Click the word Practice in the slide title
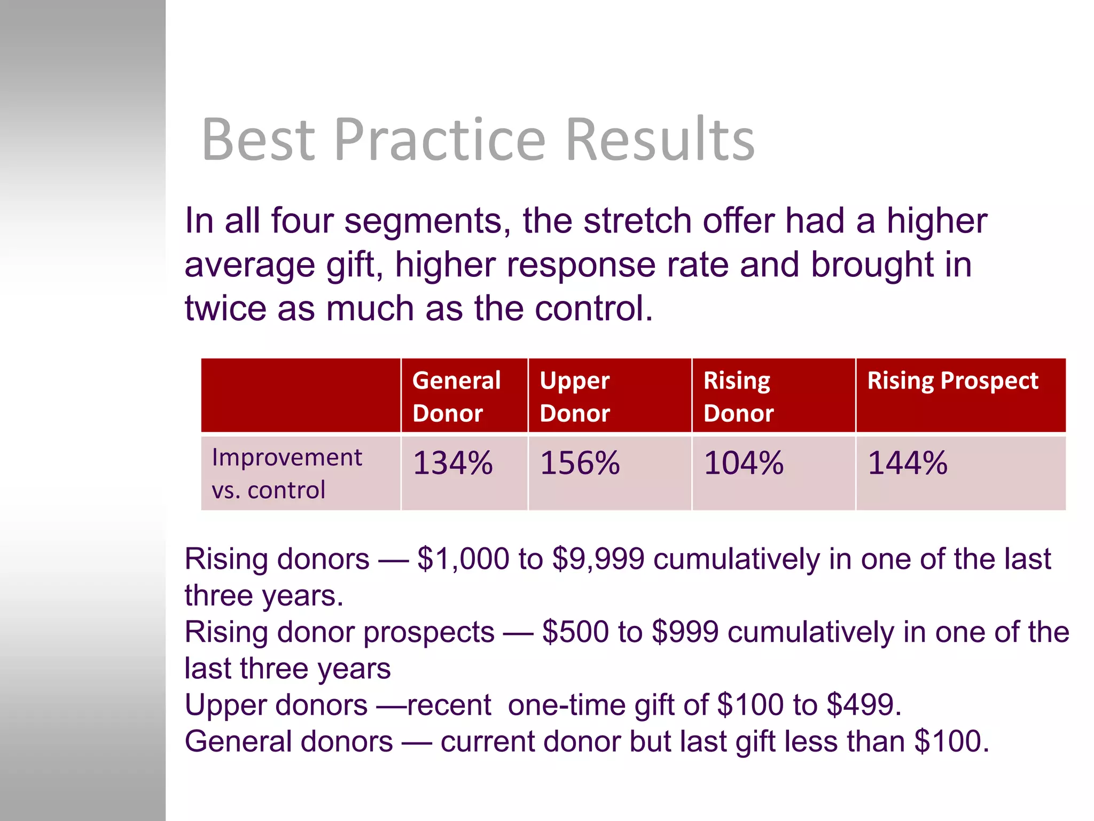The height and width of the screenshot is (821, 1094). [x=440, y=140]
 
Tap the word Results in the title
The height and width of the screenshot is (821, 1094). [x=659, y=140]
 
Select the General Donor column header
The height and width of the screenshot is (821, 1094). [x=457, y=396]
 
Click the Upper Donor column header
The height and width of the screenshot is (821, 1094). [x=575, y=396]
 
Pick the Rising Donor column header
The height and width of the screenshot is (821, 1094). [x=738, y=396]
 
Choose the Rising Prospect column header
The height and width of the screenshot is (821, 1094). [x=952, y=381]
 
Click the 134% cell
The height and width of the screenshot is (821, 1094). [x=453, y=463]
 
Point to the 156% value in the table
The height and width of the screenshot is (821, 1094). [x=580, y=463]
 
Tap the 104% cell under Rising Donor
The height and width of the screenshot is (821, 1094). [x=744, y=463]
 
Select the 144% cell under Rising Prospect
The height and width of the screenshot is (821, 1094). [x=908, y=463]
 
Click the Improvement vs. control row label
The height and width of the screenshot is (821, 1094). [x=287, y=474]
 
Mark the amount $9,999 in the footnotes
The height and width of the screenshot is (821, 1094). [x=598, y=559]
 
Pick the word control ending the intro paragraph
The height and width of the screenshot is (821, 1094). [x=593, y=308]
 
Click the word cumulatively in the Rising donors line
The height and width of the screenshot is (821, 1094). [x=737, y=559]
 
